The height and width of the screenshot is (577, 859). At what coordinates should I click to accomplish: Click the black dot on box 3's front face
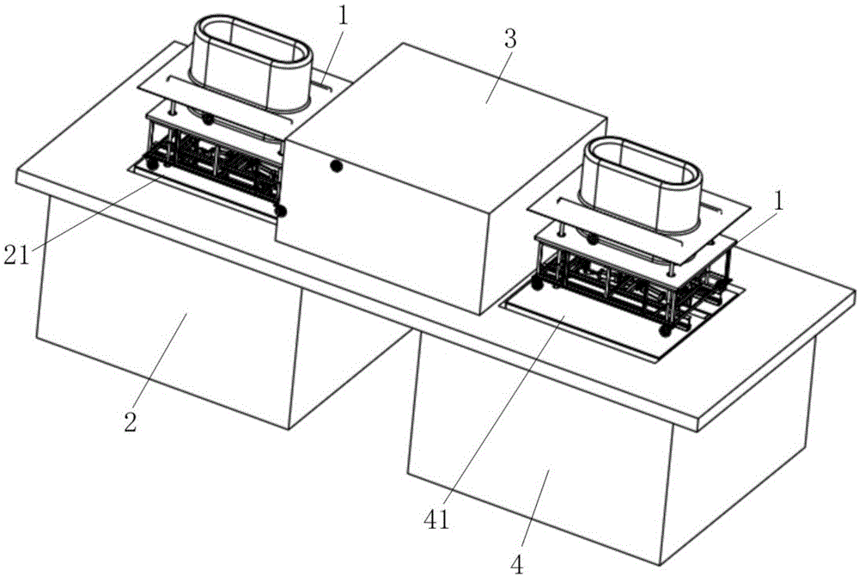click(337, 166)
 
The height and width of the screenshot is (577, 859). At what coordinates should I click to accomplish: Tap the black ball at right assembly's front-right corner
click(664, 328)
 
